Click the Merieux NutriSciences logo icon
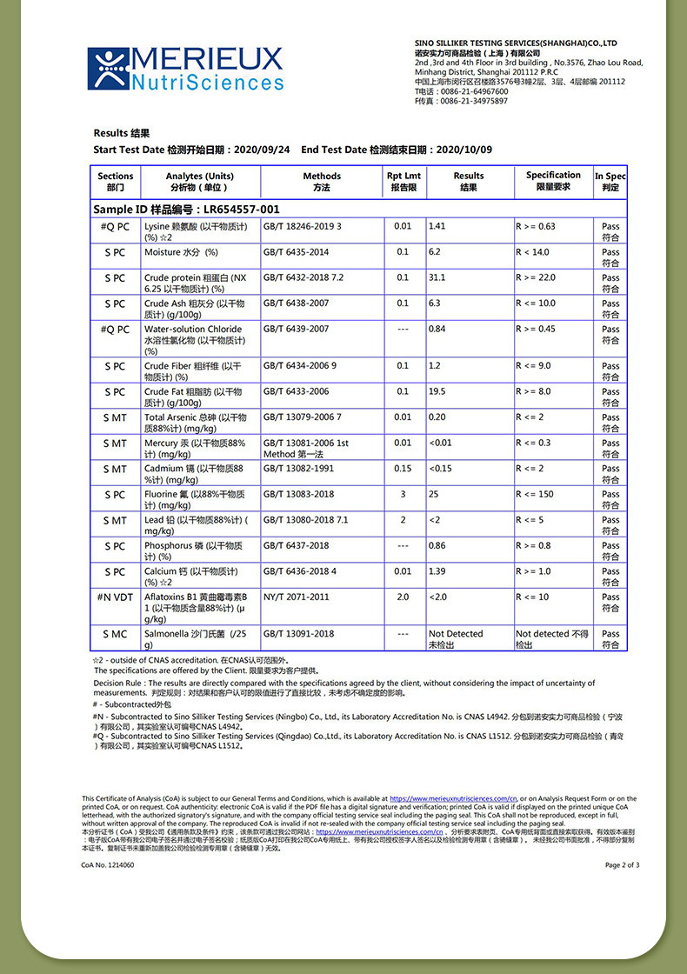(x=108, y=68)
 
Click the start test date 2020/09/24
(x=263, y=150)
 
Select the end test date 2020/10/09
(x=464, y=150)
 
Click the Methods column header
(x=322, y=181)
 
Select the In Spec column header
(x=610, y=181)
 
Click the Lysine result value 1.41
(x=437, y=226)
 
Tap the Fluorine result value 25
(x=434, y=494)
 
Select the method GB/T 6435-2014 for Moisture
(x=296, y=252)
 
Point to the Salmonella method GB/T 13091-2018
(x=298, y=634)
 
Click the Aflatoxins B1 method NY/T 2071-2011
(x=297, y=597)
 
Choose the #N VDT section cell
(x=115, y=597)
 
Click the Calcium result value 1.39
(x=437, y=571)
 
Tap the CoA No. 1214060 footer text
(x=108, y=865)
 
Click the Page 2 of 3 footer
(x=622, y=865)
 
